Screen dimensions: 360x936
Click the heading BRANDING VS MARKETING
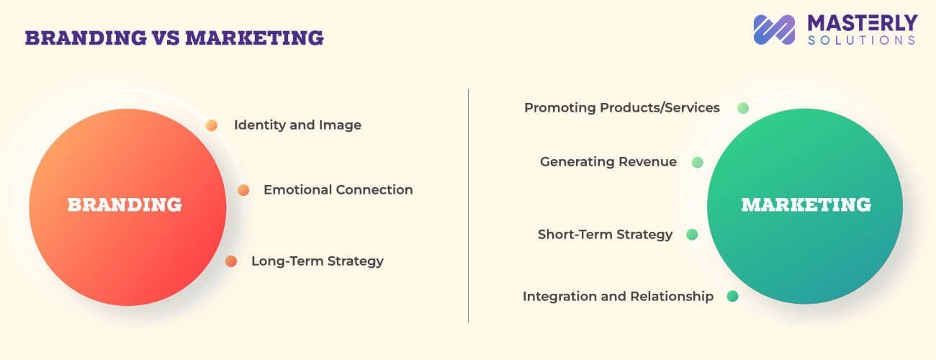pyautogui.click(x=174, y=37)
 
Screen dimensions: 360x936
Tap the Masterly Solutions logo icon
pyautogui.click(x=774, y=30)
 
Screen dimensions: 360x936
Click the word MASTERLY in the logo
pyautogui.click(x=862, y=22)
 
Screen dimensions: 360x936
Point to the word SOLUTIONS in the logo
pyautogui.click(x=862, y=40)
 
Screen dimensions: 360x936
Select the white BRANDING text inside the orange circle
pyautogui.click(x=125, y=205)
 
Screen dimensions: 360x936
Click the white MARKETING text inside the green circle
pyautogui.click(x=806, y=205)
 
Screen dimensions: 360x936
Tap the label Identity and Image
pyautogui.click(x=297, y=125)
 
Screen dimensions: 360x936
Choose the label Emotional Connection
pyautogui.click(x=338, y=190)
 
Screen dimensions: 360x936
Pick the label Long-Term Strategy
pyautogui.click(x=317, y=261)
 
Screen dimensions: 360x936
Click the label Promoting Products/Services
pyautogui.click(x=621, y=108)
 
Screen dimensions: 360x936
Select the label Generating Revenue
pyautogui.click(x=608, y=162)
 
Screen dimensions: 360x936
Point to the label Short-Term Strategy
pyautogui.click(x=605, y=235)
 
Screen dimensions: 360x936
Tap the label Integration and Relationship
pyautogui.click(x=618, y=296)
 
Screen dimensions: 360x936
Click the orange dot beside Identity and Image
pyautogui.click(x=212, y=125)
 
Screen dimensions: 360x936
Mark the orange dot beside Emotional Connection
pyautogui.click(x=243, y=190)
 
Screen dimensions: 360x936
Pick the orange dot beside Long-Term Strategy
pyautogui.click(x=231, y=261)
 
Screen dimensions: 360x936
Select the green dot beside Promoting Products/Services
pyautogui.click(x=743, y=108)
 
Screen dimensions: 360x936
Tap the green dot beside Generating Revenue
pyautogui.click(x=697, y=163)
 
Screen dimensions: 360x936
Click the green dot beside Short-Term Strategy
pyautogui.click(x=692, y=235)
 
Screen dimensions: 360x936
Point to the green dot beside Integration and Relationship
pyautogui.click(x=732, y=296)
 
